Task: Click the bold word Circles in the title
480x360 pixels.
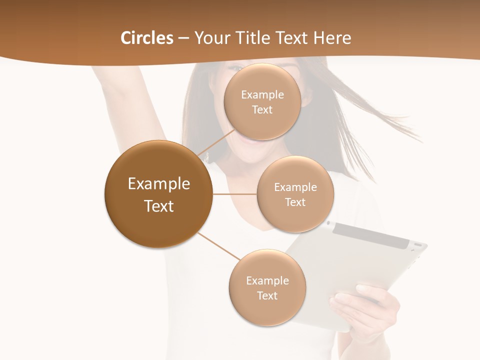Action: click(x=147, y=38)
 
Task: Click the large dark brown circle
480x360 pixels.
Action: click(x=158, y=194)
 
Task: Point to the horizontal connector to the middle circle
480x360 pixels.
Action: click(x=235, y=194)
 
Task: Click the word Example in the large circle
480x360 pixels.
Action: click(x=158, y=184)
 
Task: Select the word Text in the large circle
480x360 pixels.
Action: click(x=158, y=206)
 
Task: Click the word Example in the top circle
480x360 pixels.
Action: click(x=262, y=95)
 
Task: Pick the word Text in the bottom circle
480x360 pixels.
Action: click(x=267, y=295)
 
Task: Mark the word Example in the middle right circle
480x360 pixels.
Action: click(x=295, y=187)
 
